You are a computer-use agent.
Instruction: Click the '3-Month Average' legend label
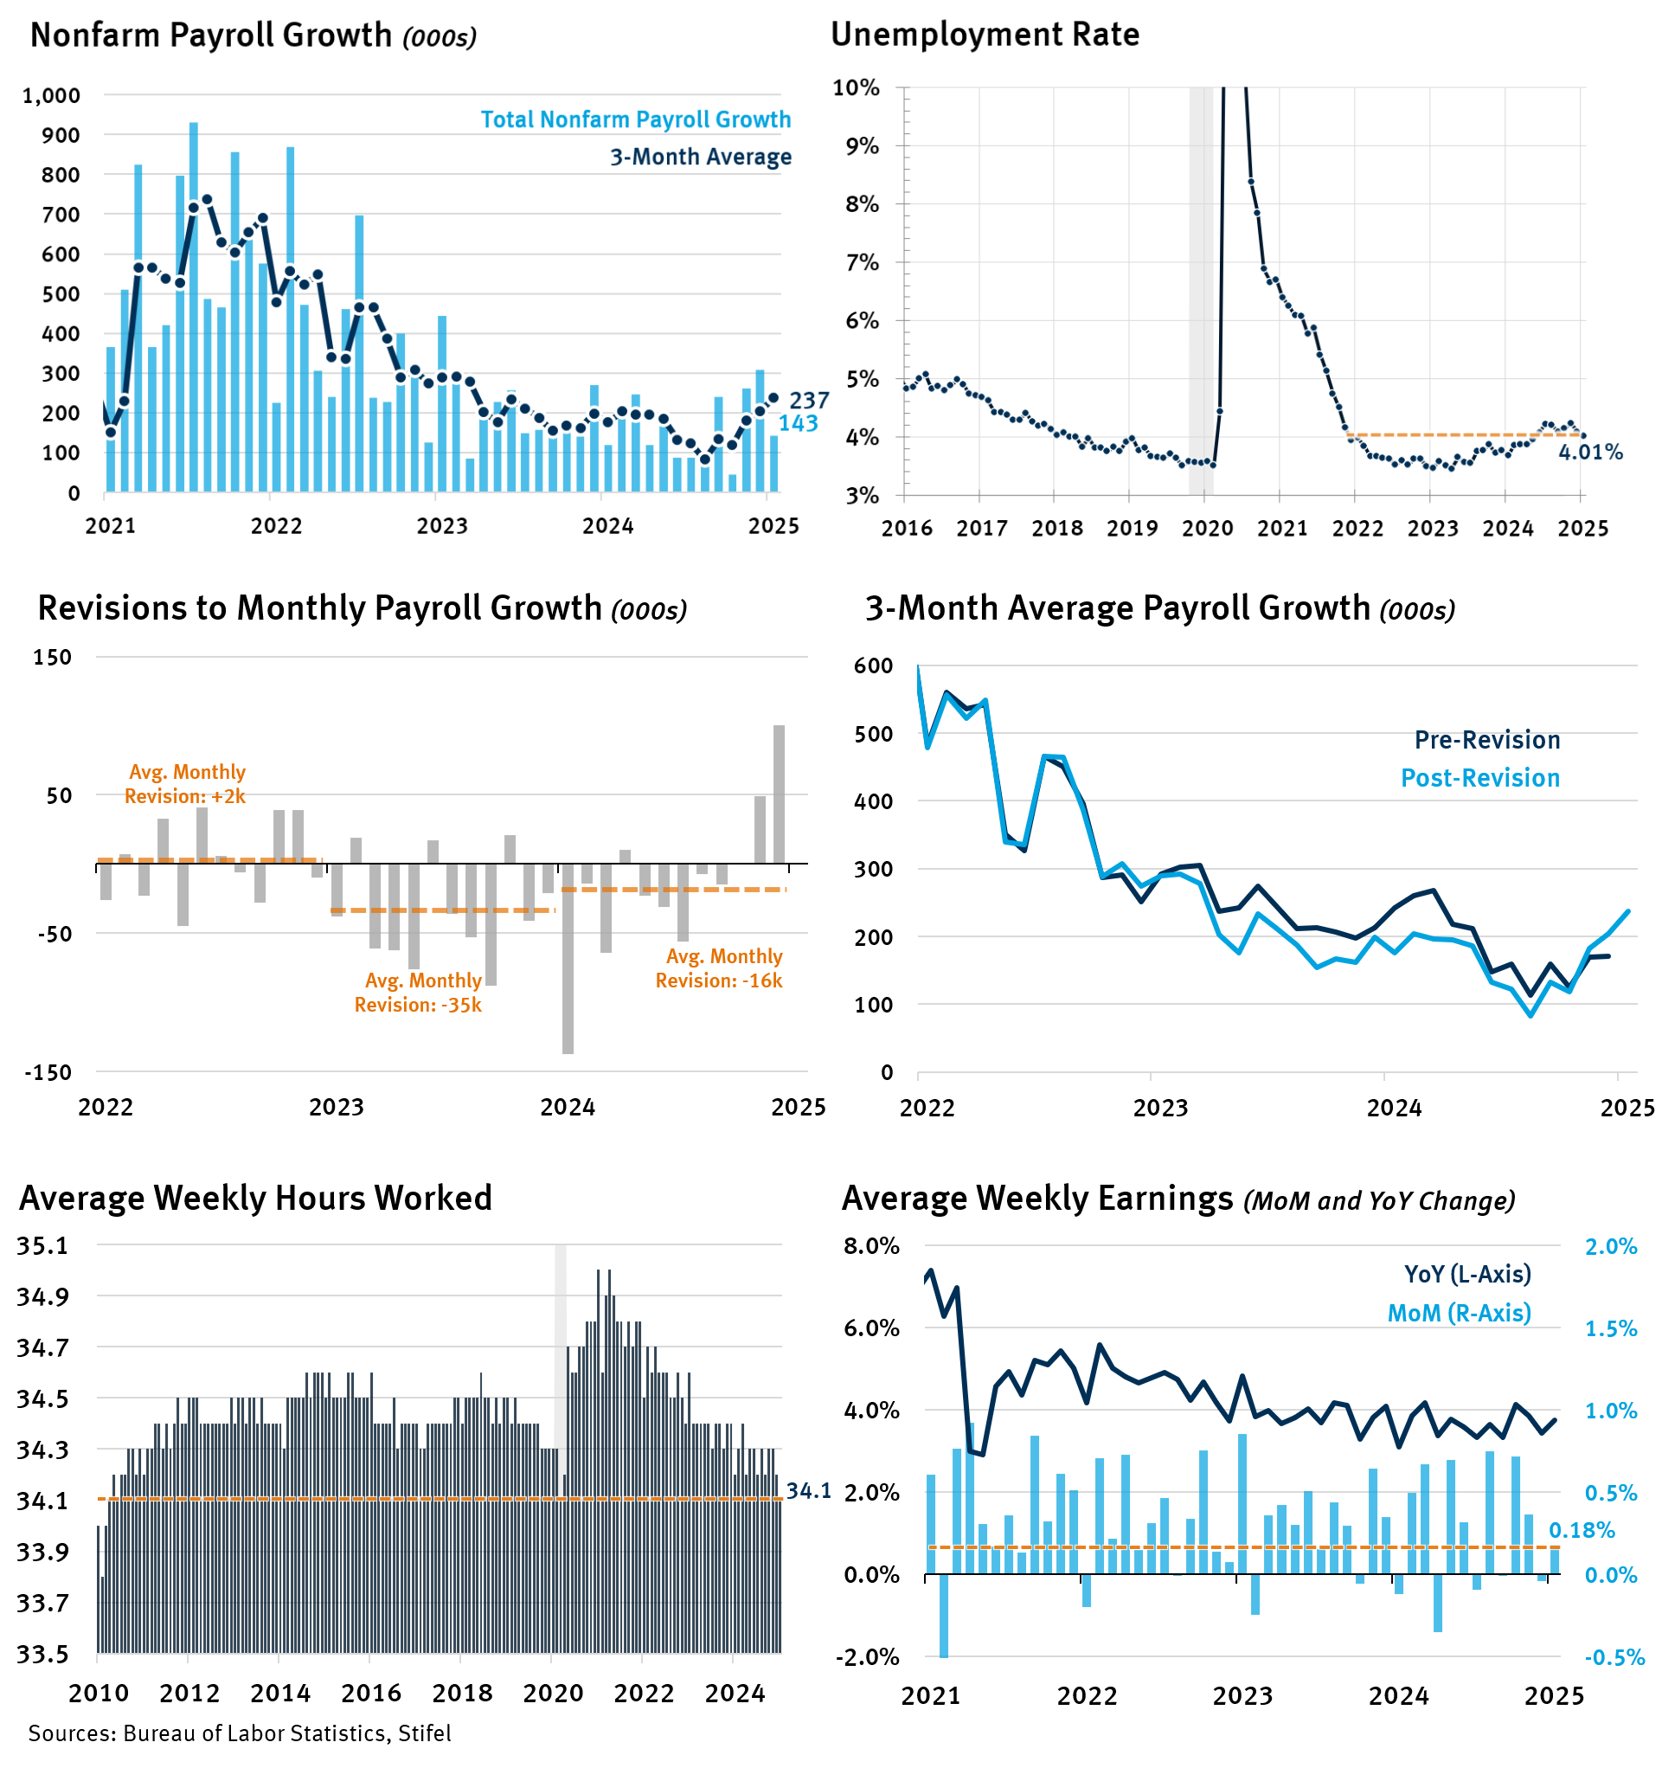click(700, 157)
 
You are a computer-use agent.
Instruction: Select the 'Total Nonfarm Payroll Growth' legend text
click(635, 119)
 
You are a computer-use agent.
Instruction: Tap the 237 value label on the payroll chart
click(808, 400)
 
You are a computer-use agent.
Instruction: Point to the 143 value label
click(798, 423)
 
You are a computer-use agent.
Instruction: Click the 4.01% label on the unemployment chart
click(1590, 452)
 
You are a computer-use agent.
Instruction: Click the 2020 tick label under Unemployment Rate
click(1207, 528)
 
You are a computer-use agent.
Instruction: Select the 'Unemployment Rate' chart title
click(985, 35)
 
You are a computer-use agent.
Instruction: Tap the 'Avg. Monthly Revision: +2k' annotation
click(185, 783)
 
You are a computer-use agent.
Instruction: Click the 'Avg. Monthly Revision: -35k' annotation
click(418, 993)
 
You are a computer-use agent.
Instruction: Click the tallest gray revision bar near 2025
click(779, 794)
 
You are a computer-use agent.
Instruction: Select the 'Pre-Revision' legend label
click(1487, 740)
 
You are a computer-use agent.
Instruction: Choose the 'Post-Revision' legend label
click(1479, 778)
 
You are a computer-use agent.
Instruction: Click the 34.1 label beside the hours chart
click(808, 1491)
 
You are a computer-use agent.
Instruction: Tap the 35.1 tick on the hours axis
click(42, 1246)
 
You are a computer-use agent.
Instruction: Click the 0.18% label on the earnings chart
click(1581, 1531)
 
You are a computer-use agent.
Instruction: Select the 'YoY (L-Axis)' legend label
click(1467, 1275)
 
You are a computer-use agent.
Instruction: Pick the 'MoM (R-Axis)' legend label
click(1460, 1314)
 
